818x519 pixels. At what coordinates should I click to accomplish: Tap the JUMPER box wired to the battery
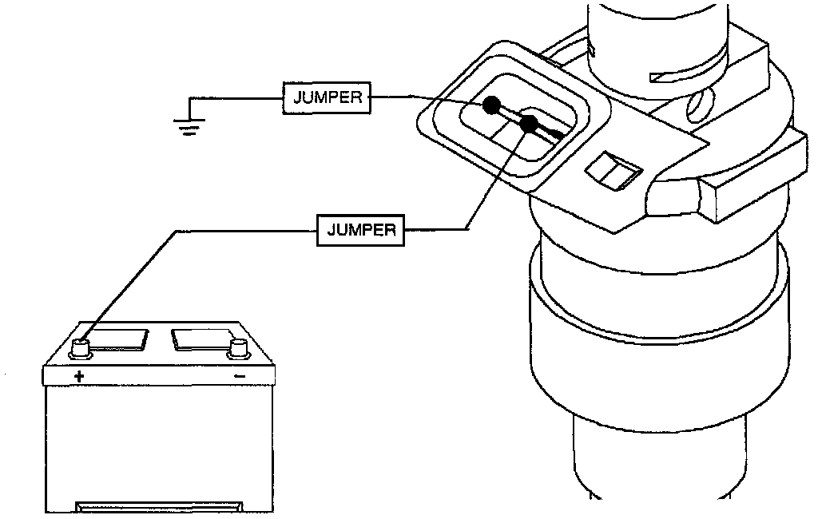pos(361,230)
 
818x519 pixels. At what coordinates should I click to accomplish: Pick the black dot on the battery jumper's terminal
pos(528,125)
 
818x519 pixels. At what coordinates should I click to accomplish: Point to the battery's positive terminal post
pos(80,346)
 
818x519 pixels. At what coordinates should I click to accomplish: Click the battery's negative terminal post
pos(237,347)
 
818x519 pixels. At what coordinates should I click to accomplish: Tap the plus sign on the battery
pos(78,375)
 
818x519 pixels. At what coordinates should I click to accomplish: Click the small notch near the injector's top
pos(665,76)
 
